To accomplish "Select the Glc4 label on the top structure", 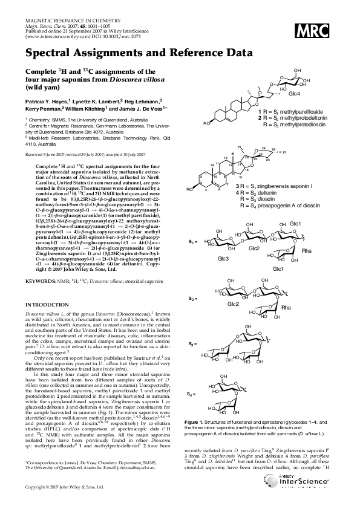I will pos(293,93).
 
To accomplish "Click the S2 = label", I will pos(192,299).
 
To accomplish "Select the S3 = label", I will pos(191,343).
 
